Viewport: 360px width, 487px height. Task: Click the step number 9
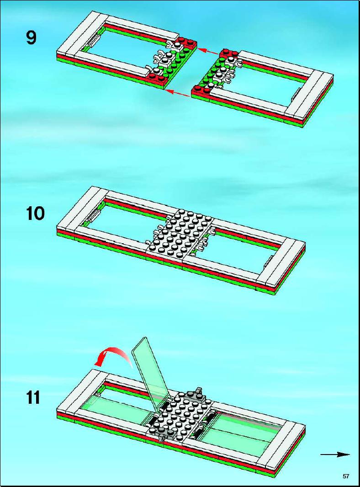coord(32,38)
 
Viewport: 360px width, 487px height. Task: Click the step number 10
coord(35,214)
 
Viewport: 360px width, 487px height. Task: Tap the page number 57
coord(346,476)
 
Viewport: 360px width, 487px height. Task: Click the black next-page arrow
coord(335,455)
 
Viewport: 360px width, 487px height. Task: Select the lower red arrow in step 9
coord(177,93)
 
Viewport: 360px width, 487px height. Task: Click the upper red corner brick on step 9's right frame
coord(229,55)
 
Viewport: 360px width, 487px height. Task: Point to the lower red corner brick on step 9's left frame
coord(157,77)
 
